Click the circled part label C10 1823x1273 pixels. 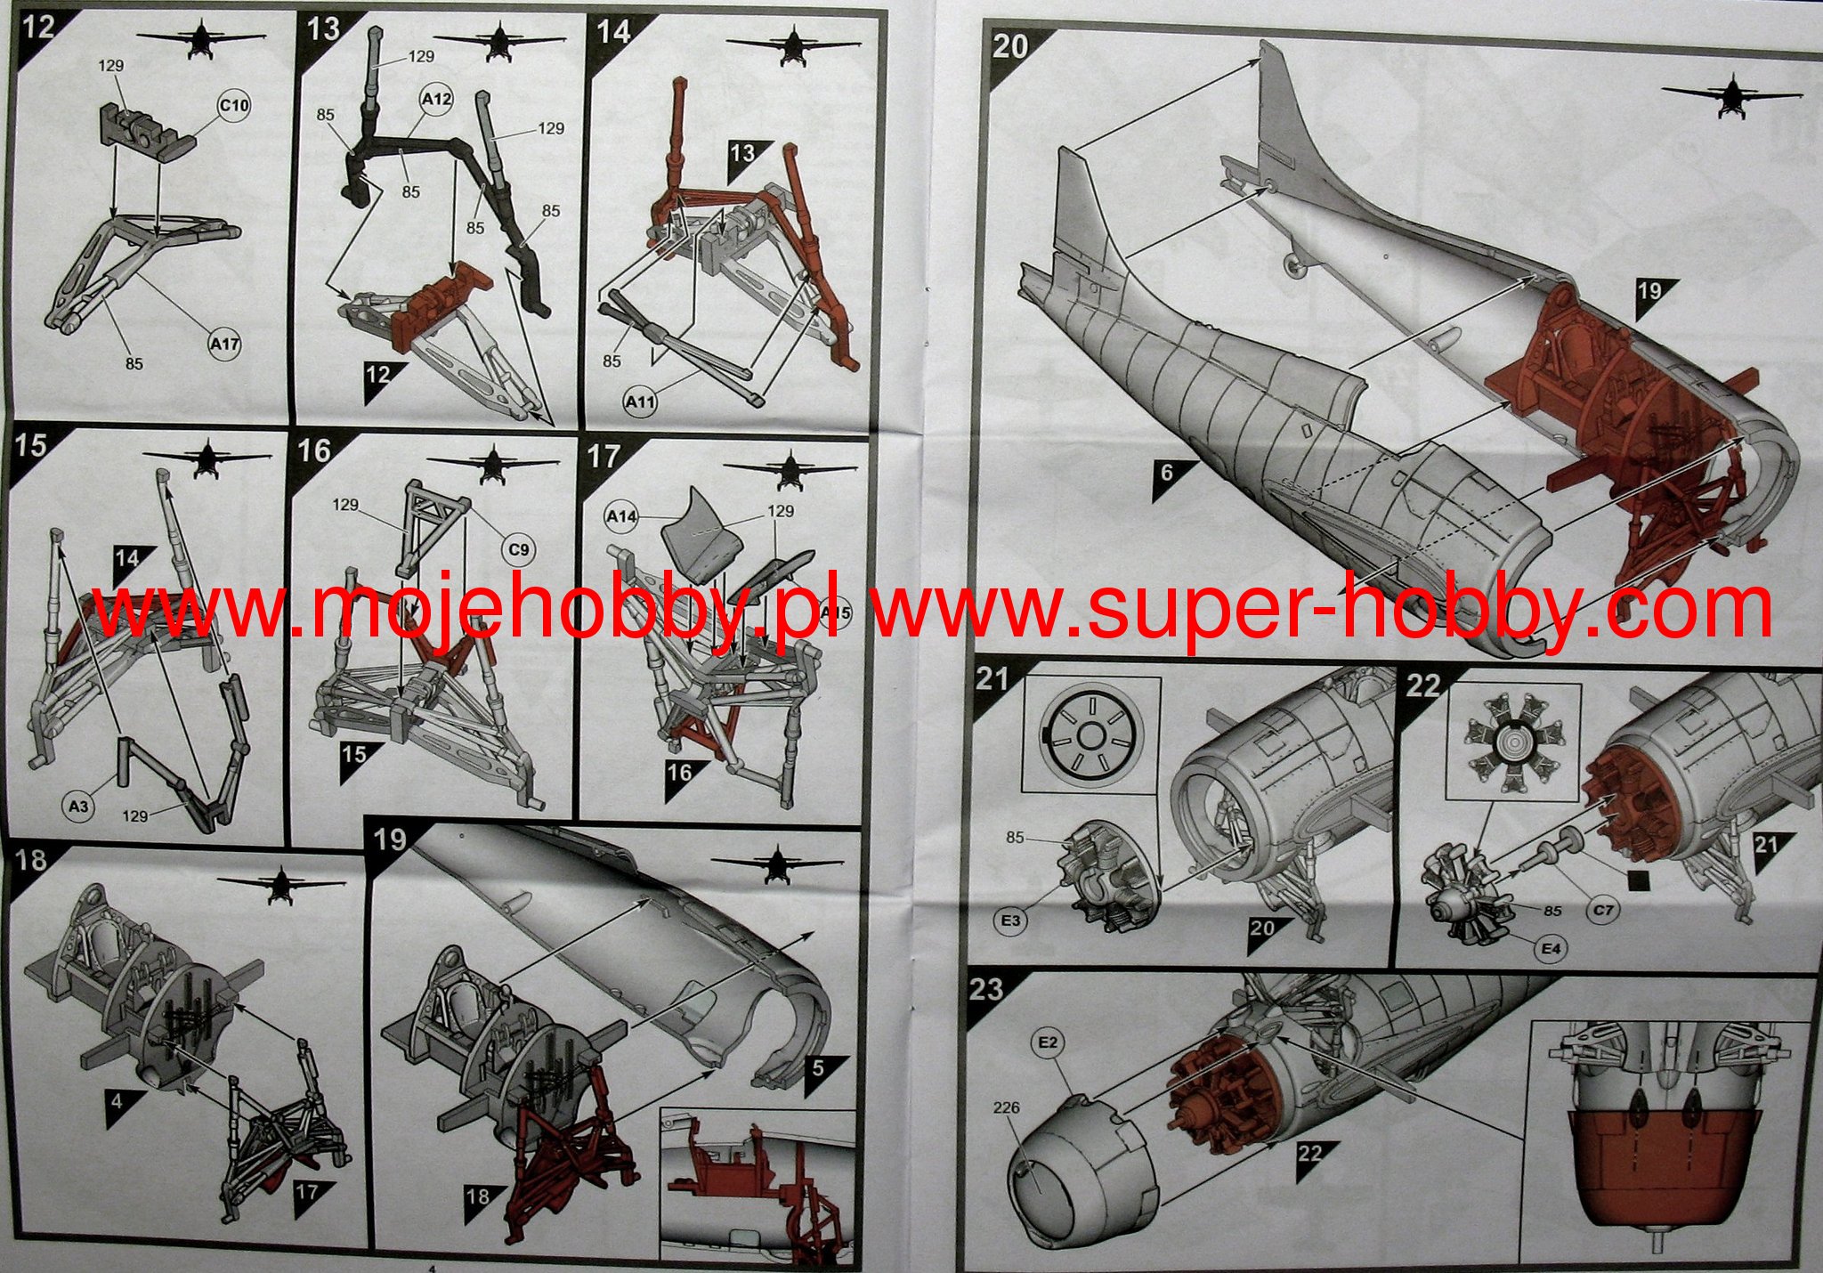(x=234, y=106)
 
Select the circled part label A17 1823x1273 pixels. (x=224, y=342)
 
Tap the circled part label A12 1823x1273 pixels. (x=435, y=100)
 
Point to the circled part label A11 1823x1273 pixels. (x=640, y=402)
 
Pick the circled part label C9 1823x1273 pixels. (x=519, y=549)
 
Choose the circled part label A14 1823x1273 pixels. (x=623, y=515)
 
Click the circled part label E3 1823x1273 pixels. (x=1010, y=920)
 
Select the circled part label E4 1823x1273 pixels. (x=1552, y=949)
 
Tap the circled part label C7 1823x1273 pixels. (x=1603, y=910)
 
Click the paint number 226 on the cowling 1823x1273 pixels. (x=1003, y=1107)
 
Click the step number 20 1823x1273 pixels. (x=1009, y=46)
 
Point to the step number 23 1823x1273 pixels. (x=985, y=989)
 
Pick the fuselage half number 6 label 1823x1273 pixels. (x=1166, y=472)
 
